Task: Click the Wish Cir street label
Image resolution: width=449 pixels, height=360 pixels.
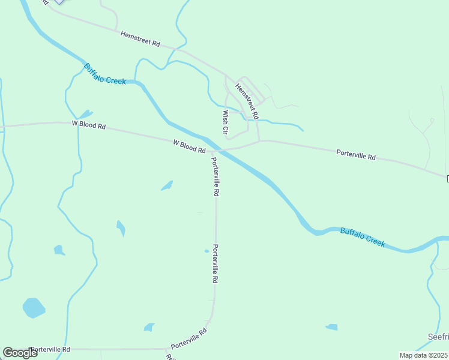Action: pyautogui.click(x=226, y=122)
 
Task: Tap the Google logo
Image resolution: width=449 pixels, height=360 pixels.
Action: pyautogui.click(x=20, y=353)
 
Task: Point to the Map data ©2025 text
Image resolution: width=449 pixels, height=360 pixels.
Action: pyautogui.click(x=423, y=355)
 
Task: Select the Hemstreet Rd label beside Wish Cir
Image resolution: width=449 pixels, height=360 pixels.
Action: pyautogui.click(x=247, y=100)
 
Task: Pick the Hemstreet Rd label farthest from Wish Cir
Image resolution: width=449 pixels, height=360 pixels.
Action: pyautogui.click(x=140, y=40)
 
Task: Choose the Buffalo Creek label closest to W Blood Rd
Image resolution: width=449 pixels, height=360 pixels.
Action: pyautogui.click(x=105, y=74)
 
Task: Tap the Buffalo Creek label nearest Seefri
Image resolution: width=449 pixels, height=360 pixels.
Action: pyautogui.click(x=362, y=238)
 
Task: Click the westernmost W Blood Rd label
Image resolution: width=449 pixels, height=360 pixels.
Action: pyautogui.click(x=89, y=125)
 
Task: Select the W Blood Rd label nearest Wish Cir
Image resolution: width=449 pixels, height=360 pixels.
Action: pyautogui.click(x=189, y=146)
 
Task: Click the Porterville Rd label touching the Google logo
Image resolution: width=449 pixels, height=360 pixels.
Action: pyautogui.click(x=50, y=349)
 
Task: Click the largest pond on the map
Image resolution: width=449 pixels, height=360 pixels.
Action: pyautogui.click(x=34, y=308)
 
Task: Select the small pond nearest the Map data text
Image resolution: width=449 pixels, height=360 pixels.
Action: pyautogui.click(x=331, y=327)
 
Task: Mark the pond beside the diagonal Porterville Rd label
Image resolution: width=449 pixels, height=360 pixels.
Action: pyautogui.click(x=149, y=327)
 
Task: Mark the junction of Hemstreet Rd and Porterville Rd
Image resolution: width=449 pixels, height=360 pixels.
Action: pyautogui.click(x=259, y=142)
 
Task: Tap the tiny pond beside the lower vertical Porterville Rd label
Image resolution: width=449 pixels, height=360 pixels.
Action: pyautogui.click(x=206, y=251)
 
